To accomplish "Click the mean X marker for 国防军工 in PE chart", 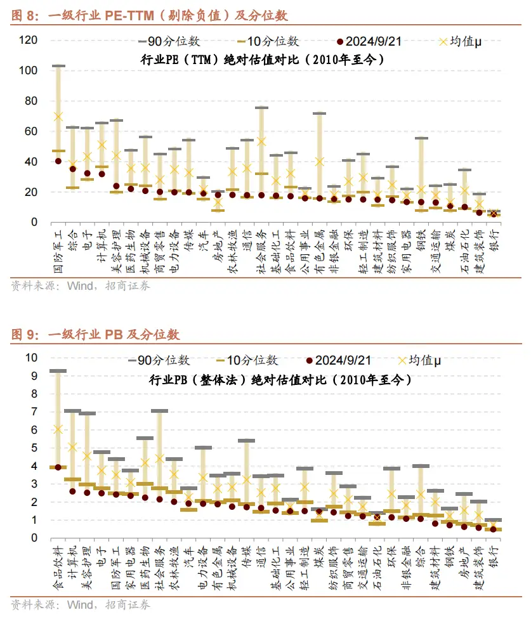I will coord(58,116).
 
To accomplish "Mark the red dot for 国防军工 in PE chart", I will coord(58,161).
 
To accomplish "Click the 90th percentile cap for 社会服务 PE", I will coord(261,108).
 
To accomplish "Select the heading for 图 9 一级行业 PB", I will coord(95,334).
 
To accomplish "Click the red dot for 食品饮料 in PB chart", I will coord(58,467).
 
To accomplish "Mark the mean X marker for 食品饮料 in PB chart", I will coord(58,429).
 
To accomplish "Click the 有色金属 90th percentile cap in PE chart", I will coord(320,114).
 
